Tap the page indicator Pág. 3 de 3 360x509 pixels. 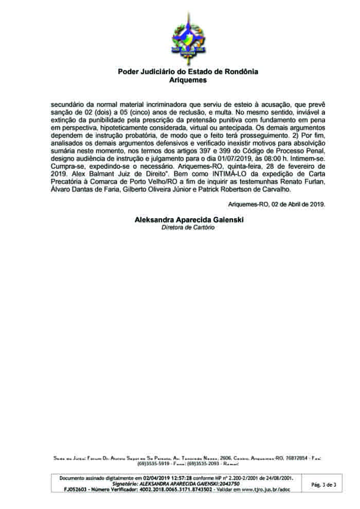pyautogui.click(x=325, y=485)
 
